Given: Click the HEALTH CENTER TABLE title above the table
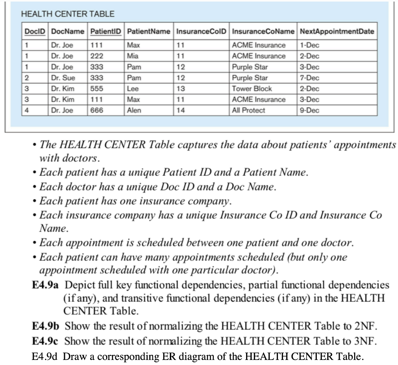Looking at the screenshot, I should pos(68,14).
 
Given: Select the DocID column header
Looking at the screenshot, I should pos(34,31).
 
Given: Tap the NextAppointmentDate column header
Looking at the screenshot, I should pos(337,31).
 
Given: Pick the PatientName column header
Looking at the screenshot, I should pos(149,31).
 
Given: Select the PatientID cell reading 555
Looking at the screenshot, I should pos(97,89).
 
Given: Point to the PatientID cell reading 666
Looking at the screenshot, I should pos(97,111).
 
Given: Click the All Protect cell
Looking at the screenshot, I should pos(248,111).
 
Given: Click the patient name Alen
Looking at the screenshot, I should pos(134,111).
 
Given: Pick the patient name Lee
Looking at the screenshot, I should pos(133,89).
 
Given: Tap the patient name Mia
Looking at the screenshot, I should pos(133,56).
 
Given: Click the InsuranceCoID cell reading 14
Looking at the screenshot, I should pos(181,111).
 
